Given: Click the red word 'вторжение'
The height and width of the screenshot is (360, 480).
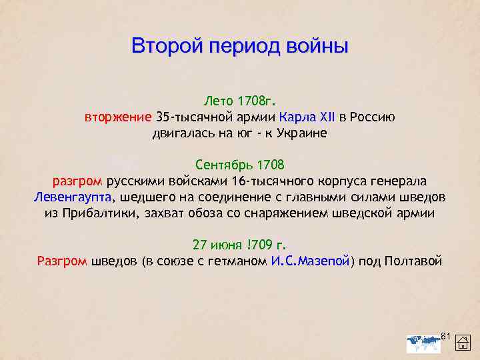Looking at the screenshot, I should coord(118,117).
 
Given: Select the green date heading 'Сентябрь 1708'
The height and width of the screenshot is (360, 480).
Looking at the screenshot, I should coord(239,164).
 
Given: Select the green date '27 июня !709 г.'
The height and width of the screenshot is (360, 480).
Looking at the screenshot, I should coord(239,244).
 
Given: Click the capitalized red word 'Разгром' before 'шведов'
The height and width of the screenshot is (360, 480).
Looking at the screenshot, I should coord(61,261).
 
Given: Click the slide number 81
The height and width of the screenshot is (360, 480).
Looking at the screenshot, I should coord(447,333).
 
